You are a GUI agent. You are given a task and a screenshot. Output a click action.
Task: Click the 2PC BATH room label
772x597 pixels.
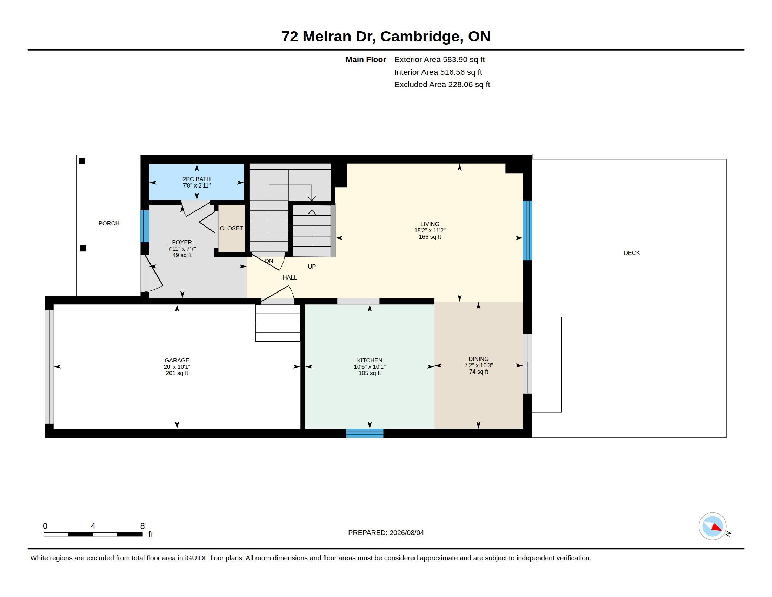[x=197, y=179]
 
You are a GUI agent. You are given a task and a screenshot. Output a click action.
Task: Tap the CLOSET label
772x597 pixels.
[x=231, y=229]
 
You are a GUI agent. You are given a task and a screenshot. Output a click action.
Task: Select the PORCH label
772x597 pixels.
[x=109, y=223]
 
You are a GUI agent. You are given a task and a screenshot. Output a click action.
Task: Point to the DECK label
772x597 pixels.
[x=632, y=253]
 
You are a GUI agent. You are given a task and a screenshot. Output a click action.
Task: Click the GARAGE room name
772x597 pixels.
[x=177, y=360]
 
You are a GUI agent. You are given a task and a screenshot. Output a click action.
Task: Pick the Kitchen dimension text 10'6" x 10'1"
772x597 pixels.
[x=370, y=367]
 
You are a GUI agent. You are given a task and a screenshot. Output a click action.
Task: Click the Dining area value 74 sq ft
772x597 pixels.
[x=479, y=372]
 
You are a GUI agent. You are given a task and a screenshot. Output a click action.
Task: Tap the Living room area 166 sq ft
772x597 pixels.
[x=430, y=237]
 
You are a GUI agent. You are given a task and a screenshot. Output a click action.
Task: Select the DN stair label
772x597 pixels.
[x=269, y=261]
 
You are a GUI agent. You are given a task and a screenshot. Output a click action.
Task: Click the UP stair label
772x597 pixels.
[x=312, y=267]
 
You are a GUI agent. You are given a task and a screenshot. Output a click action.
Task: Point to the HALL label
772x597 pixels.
[x=290, y=278]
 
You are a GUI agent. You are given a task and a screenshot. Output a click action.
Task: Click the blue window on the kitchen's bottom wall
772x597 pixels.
[x=365, y=433]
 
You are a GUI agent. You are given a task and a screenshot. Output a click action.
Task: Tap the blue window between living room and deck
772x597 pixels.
[x=527, y=231]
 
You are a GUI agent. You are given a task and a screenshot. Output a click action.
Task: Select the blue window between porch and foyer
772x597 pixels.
[x=145, y=227]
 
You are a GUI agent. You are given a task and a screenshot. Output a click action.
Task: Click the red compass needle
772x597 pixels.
[x=717, y=527]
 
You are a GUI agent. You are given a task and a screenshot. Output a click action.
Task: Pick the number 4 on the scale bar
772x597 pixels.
[x=93, y=526]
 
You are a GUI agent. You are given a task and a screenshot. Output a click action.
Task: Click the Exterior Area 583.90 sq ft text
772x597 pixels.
[x=439, y=60]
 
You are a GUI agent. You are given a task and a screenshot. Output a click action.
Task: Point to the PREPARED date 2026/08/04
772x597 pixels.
[x=406, y=533]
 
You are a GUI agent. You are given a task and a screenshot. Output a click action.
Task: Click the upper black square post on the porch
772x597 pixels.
[x=82, y=161]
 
